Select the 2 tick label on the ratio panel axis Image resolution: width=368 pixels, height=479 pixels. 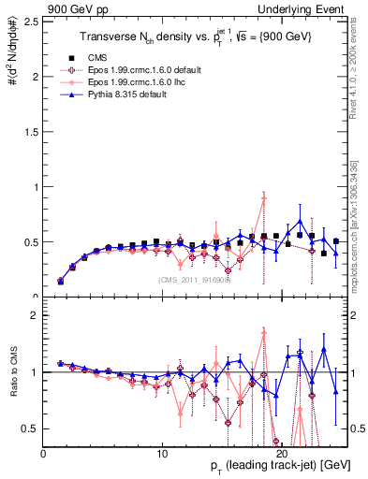click(36, 315)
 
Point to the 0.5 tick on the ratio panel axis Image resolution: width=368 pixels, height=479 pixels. click(32, 428)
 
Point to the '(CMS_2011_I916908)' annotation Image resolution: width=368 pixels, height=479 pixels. click(186, 279)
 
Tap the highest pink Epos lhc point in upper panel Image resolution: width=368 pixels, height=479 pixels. click(265, 198)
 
